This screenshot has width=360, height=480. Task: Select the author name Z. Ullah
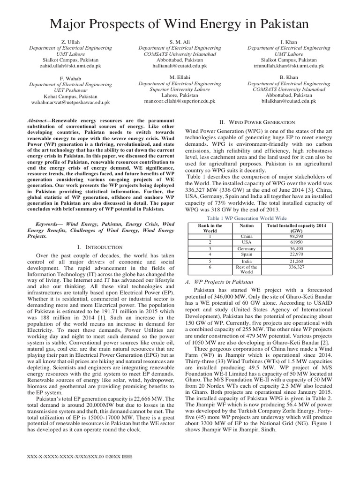tap(71, 42)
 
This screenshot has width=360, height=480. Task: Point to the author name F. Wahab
tap(70, 78)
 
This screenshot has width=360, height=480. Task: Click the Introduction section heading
tap(99, 247)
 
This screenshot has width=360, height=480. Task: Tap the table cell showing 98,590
tap(296, 237)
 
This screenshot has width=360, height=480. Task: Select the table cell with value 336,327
tap(296, 267)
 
